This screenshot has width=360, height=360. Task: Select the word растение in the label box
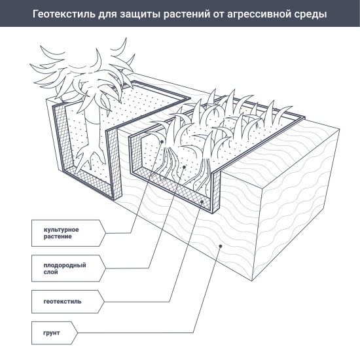(x=58, y=237)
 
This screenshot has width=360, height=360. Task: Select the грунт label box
(x=55, y=334)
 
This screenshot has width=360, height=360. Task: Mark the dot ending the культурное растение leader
(x=161, y=141)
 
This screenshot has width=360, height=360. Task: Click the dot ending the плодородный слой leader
(x=185, y=168)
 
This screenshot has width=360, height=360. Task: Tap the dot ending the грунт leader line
(x=221, y=247)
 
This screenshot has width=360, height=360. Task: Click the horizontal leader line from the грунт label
(x=131, y=334)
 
